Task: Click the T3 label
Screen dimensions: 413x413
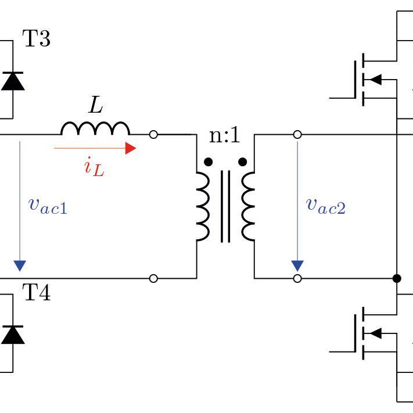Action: (x=36, y=39)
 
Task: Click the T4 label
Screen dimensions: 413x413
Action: (x=36, y=293)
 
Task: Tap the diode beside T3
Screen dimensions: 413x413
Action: (x=13, y=81)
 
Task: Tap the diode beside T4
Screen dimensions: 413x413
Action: (x=13, y=335)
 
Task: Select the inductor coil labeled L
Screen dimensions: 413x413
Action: (x=95, y=128)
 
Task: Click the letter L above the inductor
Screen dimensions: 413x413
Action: (x=96, y=106)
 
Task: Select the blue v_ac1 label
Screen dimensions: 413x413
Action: (x=48, y=205)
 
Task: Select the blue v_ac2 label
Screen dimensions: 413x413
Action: (x=326, y=205)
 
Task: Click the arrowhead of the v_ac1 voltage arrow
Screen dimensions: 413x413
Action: (x=20, y=265)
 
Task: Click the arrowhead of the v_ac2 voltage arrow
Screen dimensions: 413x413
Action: (x=297, y=265)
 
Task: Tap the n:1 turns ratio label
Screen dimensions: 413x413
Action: (x=224, y=136)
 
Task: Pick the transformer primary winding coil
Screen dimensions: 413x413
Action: (x=203, y=206)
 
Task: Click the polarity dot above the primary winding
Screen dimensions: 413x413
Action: (x=209, y=161)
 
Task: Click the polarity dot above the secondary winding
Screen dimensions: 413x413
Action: (x=243, y=161)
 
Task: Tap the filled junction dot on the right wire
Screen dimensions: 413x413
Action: (x=397, y=278)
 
